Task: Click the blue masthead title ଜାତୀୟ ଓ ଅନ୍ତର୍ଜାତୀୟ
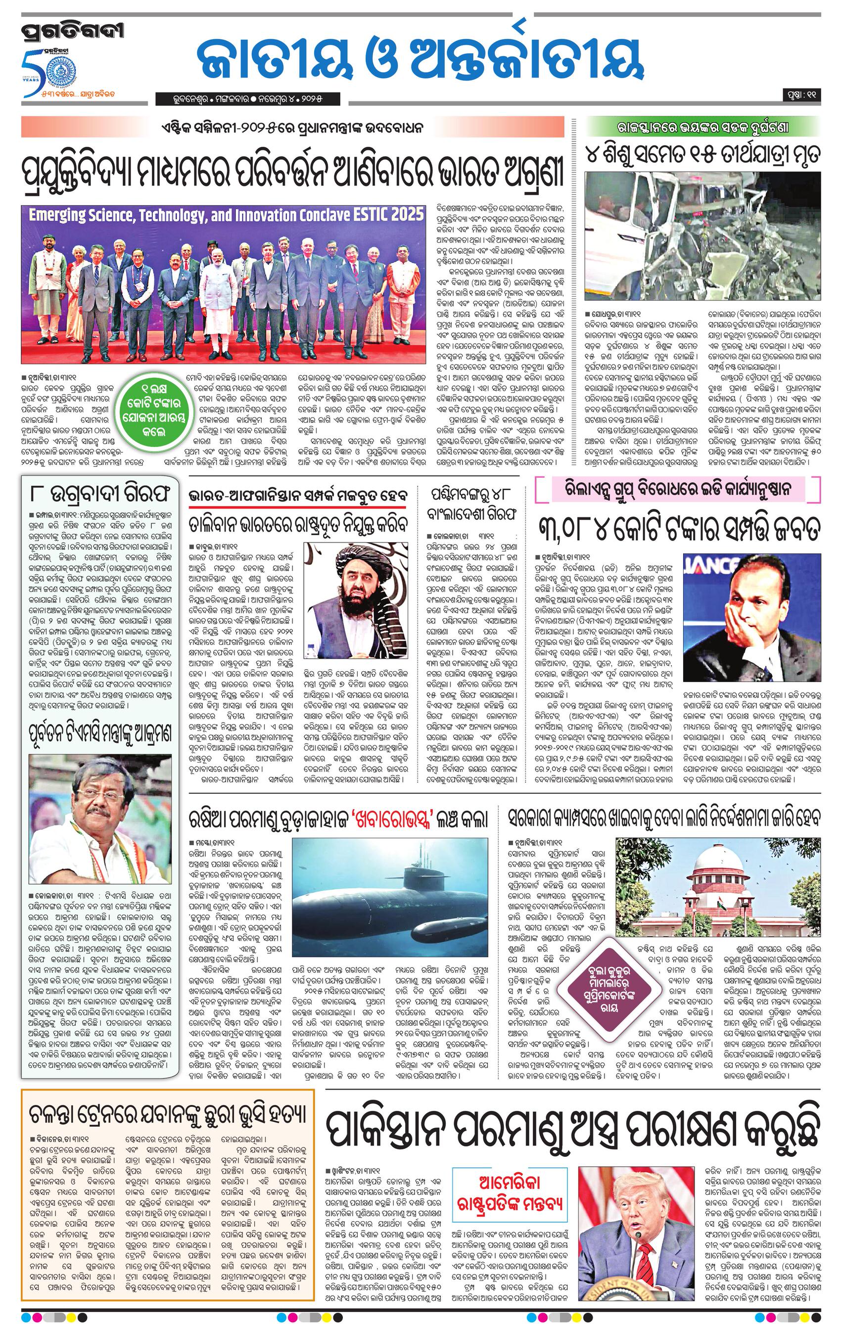point(421,62)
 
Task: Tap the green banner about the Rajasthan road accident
point(702,128)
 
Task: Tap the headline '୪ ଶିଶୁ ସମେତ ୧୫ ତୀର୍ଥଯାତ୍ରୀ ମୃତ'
point(702,154)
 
